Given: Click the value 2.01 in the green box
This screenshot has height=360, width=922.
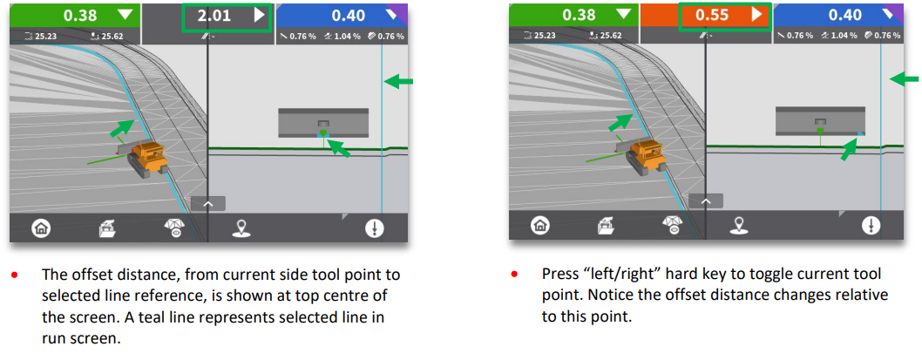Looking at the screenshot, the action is (214, 16).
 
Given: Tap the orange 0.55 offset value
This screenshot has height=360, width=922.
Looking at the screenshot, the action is (713, 16).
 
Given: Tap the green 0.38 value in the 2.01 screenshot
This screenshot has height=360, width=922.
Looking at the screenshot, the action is (80, 16).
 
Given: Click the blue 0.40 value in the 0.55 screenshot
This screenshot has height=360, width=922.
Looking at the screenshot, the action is (846, 16).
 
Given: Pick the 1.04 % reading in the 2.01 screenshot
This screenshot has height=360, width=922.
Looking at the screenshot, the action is (346, 37).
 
